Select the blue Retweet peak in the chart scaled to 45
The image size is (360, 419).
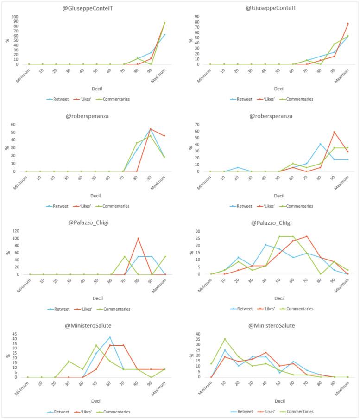point(110,337)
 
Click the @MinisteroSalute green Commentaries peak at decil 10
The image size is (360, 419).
point(225,339)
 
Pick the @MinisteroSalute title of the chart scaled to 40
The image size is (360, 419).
point(271,325)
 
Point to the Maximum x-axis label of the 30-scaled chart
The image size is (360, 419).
point(342,286)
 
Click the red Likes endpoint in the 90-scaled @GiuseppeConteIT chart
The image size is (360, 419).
point(348,24)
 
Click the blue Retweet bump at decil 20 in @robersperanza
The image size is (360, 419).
point(238,167)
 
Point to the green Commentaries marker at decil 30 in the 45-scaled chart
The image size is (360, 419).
point(69,361)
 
